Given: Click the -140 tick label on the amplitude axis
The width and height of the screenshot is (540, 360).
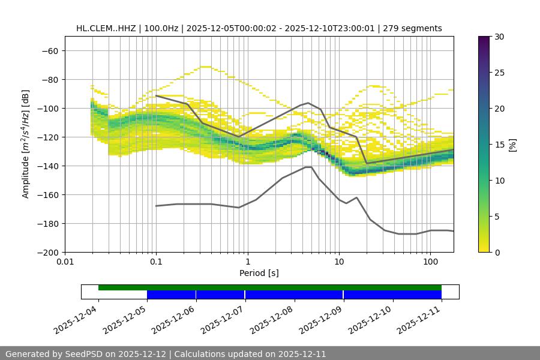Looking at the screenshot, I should [48, 166].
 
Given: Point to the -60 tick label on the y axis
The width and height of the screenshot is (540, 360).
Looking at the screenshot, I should [50, 50].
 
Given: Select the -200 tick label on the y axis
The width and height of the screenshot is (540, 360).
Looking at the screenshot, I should [48, 252].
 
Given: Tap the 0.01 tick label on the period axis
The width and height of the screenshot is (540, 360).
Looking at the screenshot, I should [65, 262].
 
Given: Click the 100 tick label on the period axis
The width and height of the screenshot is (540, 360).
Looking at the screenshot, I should [430, 262].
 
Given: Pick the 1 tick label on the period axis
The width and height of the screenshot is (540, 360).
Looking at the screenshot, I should [247, 262].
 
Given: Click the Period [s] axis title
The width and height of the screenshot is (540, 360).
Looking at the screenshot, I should [259, 273].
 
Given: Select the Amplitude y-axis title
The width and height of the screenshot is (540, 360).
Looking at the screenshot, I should [26, 144].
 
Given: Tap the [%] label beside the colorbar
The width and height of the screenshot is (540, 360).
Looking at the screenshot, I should [512, 145].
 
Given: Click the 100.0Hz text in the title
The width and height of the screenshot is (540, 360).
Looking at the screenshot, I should [161, 28].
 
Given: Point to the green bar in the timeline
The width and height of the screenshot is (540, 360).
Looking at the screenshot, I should [270, 287].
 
